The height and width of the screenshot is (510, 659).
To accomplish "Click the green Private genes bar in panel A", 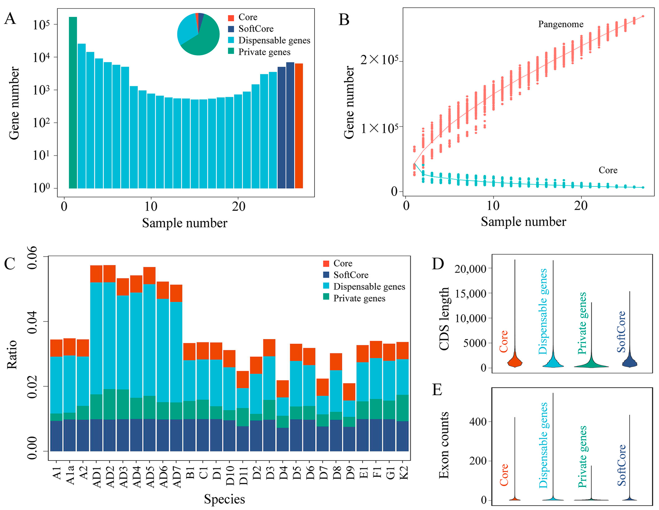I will point(73,103).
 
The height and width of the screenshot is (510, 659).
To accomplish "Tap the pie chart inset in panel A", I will point(198,34).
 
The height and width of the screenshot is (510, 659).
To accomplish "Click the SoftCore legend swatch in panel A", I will point(231,29).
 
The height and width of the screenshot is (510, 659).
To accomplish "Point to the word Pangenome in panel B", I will point(561,24).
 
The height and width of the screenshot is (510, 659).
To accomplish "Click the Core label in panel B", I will point(608,170).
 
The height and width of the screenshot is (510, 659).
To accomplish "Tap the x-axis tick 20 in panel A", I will point(238,207).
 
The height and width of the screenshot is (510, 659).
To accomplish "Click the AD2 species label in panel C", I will point(110,477).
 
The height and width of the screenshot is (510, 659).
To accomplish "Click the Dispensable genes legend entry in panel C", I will point(369,286).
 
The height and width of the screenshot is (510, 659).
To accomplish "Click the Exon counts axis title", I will point(444,446).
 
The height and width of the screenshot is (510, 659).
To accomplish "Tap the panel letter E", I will point(437,390).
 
